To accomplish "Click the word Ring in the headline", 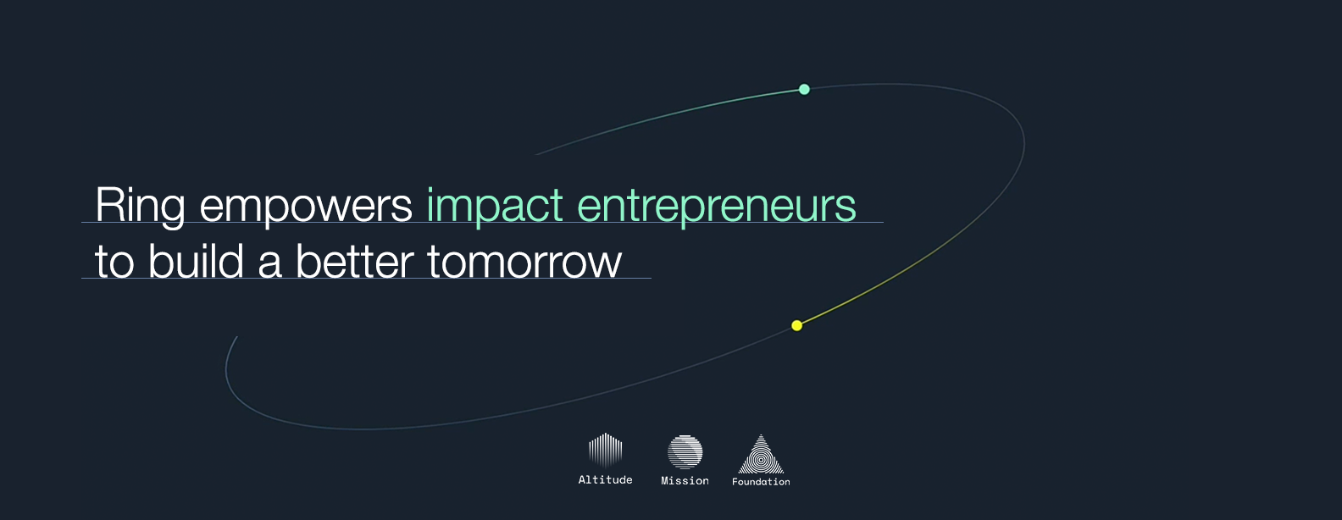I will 140,206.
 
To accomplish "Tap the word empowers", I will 305,206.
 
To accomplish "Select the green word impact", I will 495,206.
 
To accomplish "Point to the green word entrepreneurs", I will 716,206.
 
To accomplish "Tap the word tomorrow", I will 524,262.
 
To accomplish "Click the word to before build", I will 114,262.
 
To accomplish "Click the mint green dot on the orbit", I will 804,89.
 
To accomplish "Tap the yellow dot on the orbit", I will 796,325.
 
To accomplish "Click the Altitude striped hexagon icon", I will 605,451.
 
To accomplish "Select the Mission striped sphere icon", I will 685,452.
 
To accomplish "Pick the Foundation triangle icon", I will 761,455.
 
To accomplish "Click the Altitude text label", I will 605,480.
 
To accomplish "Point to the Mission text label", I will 685,481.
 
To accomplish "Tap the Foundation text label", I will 761,482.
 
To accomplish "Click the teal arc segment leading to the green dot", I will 669,114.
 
